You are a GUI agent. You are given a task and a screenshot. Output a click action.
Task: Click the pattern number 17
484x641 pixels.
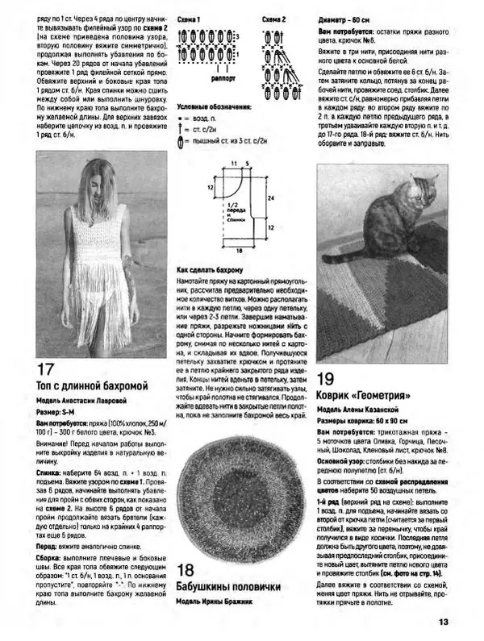click(47, 370)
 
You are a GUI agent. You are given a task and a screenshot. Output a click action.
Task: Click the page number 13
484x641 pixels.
click(443, 621)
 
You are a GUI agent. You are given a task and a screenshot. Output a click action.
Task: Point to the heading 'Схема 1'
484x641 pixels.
click(189, 17)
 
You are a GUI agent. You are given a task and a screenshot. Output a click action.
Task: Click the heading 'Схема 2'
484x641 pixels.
click(274, 17)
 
